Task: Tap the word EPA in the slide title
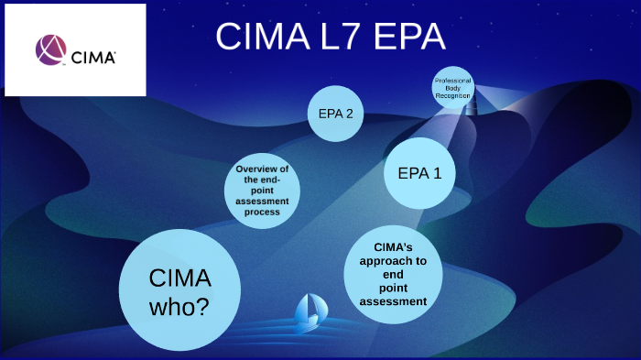pyautogui.click(x=406, y=38)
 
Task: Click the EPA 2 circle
pyautogui.click(x=335, y=114)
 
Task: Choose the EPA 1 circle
pyautogui.click(x=419, y=172)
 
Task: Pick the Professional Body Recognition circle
pyautogui.click(x=453, y=88)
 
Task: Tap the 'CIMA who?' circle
pyautogui.click(x=180, y=290)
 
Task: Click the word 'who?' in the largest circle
pyautogui.click(x=180, y=307)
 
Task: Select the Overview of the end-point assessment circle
pyautogui.click(x=262, y=191)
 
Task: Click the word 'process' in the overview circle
pyautogui.click(x=262, y=212)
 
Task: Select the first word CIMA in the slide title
pyautogui.click(x=255, y=38)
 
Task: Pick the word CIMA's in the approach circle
pyautogui.click(x=393, y=246)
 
